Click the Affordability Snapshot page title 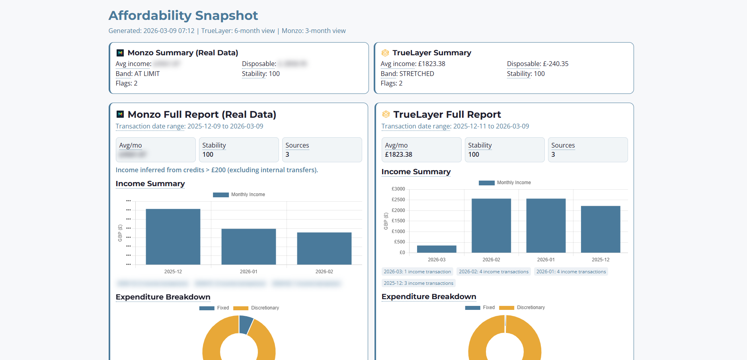click(x=183, y=16)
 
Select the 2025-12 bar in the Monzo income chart click(x=173, y=237)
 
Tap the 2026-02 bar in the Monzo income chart click(x=324, y=248)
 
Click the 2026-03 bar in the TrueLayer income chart click(x=437, y=249)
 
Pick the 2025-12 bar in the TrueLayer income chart click(x=600, y=229)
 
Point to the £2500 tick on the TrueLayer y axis click(x=398, y=200)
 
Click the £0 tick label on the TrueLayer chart click(x=402, y=253)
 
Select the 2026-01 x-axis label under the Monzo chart click(x=248, y=272)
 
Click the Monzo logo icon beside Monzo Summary click(x=120, y=53)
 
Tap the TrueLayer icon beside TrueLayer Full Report click(x=386, y=115)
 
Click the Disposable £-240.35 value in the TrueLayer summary click(x=556, y=64)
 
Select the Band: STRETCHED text click(x=407, y=74)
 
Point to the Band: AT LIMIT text click(x=138, y=74)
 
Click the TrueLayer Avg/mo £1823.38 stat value click(x=398, y=154)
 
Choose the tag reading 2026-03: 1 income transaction click(x=417, y=272)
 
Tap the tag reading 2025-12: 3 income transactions click(x=418, y=283)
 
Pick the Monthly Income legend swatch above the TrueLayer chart click(x=486, y=183)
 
